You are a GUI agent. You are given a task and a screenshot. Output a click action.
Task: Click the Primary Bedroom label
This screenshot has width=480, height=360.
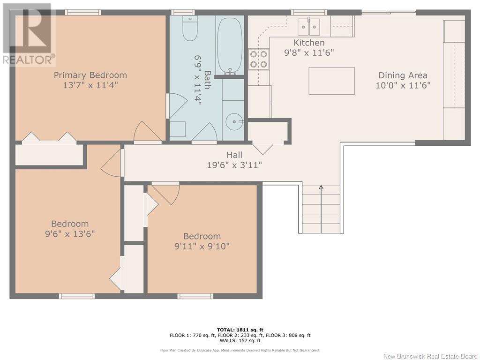(90, 75)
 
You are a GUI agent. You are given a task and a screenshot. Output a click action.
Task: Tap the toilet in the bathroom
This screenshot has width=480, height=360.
(190, 28)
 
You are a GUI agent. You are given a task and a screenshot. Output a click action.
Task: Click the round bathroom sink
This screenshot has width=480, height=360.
(234, 121)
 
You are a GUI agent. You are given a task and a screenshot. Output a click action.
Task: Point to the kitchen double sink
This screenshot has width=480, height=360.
(309, 27)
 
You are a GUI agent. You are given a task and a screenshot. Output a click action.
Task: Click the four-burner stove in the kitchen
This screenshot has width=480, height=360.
(259, 59)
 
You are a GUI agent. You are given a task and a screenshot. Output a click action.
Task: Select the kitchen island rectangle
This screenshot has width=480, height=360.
(331, 81)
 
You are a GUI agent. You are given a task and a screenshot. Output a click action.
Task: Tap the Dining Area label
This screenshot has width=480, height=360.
(403, 75)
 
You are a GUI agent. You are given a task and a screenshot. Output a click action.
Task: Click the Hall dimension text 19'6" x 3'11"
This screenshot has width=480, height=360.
(234, 165)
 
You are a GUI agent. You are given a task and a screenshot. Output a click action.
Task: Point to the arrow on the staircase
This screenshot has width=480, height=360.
(321, 209)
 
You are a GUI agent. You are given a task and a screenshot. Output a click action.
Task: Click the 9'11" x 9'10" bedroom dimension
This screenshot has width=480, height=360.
(202, 246)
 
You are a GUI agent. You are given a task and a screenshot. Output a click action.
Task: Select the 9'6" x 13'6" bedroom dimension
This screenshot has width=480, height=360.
(70, 234)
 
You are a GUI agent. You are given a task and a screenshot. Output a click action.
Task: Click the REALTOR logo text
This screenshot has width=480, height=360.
(29, 60)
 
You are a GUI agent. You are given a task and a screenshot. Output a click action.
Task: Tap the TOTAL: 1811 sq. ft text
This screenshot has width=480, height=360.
(240, 330)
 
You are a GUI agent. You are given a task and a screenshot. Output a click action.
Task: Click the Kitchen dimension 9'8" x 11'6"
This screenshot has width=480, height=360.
(309, 52)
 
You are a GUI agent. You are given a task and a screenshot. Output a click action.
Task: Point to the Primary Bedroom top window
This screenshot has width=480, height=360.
(83, 12)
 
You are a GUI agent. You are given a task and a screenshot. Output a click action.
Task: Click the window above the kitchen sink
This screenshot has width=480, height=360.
(309, 12)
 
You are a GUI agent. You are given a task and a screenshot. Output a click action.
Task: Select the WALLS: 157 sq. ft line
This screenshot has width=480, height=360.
(240, 340)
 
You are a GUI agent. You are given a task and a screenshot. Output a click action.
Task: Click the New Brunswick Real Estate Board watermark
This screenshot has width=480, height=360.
(430, 356)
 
